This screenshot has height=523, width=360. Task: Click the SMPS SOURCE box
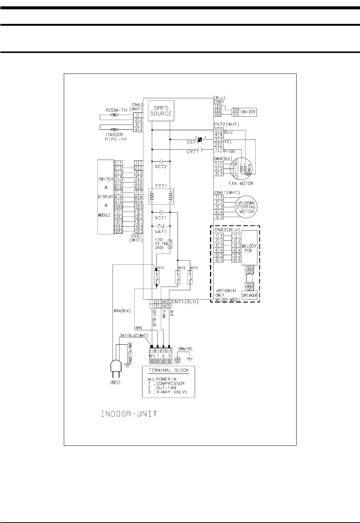(x=161, y=111)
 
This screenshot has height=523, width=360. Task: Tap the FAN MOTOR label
(x=241, y=183)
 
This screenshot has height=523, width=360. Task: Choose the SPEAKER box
(x=250, y=295)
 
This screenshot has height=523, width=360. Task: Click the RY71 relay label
(x=161, y=268)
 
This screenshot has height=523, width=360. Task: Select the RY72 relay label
(x=182, y=268)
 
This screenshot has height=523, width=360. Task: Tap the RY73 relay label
(x=194, y=268)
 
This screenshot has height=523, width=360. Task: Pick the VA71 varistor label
(x=161, y=231)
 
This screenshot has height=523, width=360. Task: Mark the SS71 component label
(x=192, y=143)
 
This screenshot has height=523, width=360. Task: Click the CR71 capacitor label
(x=192, y=152)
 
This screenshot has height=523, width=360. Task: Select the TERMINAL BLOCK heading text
(x=169, y=370)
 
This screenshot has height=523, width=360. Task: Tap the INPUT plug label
(x=116, y=382)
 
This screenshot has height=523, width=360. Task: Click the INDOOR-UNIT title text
(x=129, y=414)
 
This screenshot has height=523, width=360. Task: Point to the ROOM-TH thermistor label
(x=116, y=110)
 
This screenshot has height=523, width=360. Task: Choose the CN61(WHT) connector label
(x=226, y=192)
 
